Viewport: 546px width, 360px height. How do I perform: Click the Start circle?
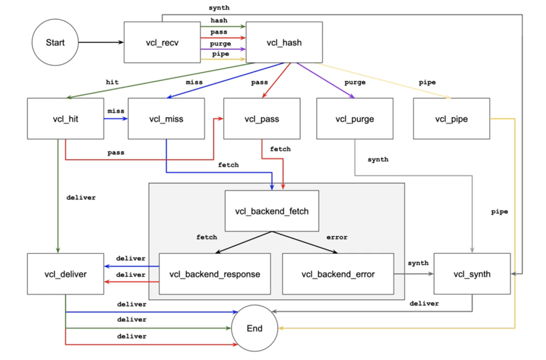[55, 42]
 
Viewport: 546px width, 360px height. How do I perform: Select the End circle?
[255, 329]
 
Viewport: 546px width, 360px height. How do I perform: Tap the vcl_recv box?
[162, 42]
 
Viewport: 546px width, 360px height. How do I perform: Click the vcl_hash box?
[284, 42]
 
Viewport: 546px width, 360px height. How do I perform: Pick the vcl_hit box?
[65, 119]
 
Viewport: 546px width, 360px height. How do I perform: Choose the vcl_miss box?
[166, 119]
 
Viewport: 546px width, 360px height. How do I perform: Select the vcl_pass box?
[261, 119]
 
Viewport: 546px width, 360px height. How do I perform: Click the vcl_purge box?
[354, 119]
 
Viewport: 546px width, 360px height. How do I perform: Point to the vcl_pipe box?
[451, 119]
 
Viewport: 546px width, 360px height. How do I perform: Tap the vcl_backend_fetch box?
[272, 211]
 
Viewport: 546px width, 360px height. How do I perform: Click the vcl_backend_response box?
[215, 274]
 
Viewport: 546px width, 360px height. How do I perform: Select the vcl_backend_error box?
[337, 274]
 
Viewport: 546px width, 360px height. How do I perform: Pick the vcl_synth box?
[472, 274]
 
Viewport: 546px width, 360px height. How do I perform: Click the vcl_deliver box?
[65, 274]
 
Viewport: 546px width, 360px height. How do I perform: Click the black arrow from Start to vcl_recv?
[101, 42]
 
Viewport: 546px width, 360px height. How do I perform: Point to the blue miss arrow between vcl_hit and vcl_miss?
[116, 119]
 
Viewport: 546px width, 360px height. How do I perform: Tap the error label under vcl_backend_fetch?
[337, 237]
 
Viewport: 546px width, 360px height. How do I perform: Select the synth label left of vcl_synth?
[418, 263]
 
